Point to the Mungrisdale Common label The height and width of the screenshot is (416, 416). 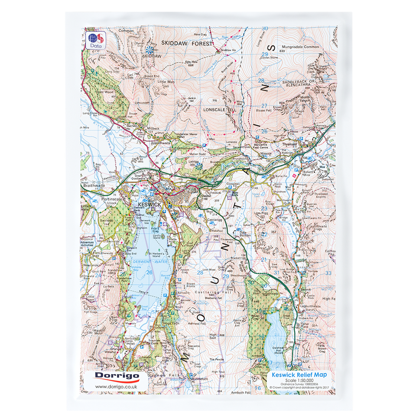point(299,47)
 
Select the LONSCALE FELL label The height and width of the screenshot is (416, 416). point(221,110)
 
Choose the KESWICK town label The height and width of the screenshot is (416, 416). point(149,204)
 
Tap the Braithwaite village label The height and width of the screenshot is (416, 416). point(93,185)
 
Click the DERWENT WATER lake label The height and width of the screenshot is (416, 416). point(150,262)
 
